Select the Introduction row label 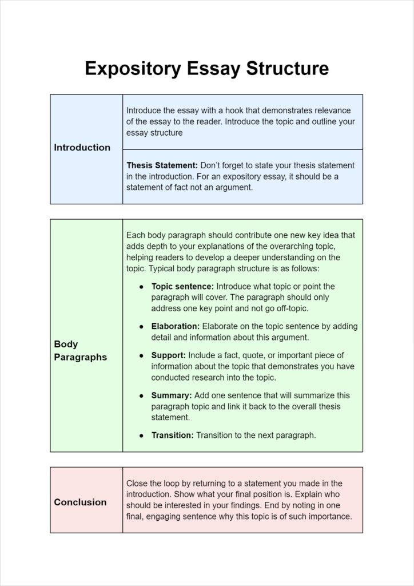(82, 148)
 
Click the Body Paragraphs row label (80, 350)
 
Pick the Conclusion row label (80, 502)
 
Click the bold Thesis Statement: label (162, 165)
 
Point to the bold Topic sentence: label (182, 286)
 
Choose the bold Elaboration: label (175, 326)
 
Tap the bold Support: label (168, 355)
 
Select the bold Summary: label (172, 395)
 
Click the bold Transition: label (172, 435)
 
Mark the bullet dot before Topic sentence (141, 287)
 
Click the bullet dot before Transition (141, 436)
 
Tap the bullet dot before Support (141, 356)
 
